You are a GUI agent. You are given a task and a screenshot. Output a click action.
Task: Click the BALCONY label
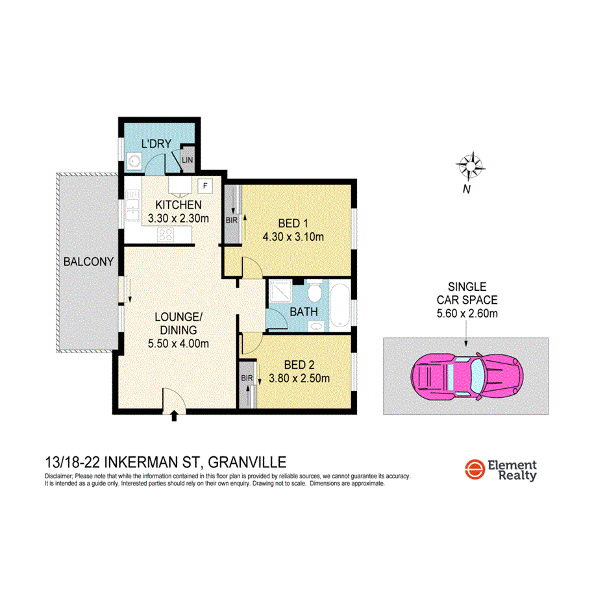tap(88, 262)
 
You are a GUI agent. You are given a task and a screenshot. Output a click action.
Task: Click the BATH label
tap(304, 312)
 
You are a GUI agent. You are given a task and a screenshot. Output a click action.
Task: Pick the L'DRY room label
tap(156, 145)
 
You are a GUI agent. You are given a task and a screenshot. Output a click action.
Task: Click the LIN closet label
tap(188, 160)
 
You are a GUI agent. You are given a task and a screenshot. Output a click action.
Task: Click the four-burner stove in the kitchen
tap(166, 236)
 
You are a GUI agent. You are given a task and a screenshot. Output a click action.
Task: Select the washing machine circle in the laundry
tap(134, 161)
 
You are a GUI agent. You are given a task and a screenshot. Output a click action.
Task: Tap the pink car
tap(465, 377)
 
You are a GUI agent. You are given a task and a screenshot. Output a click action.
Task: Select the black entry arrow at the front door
tap(173, 415)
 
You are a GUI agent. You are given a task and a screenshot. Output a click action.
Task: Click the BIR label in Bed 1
tap(230, 219)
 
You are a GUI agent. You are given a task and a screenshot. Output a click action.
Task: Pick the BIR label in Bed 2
tap(246, 378)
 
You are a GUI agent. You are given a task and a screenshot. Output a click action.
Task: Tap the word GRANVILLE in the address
tap(247, 462)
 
